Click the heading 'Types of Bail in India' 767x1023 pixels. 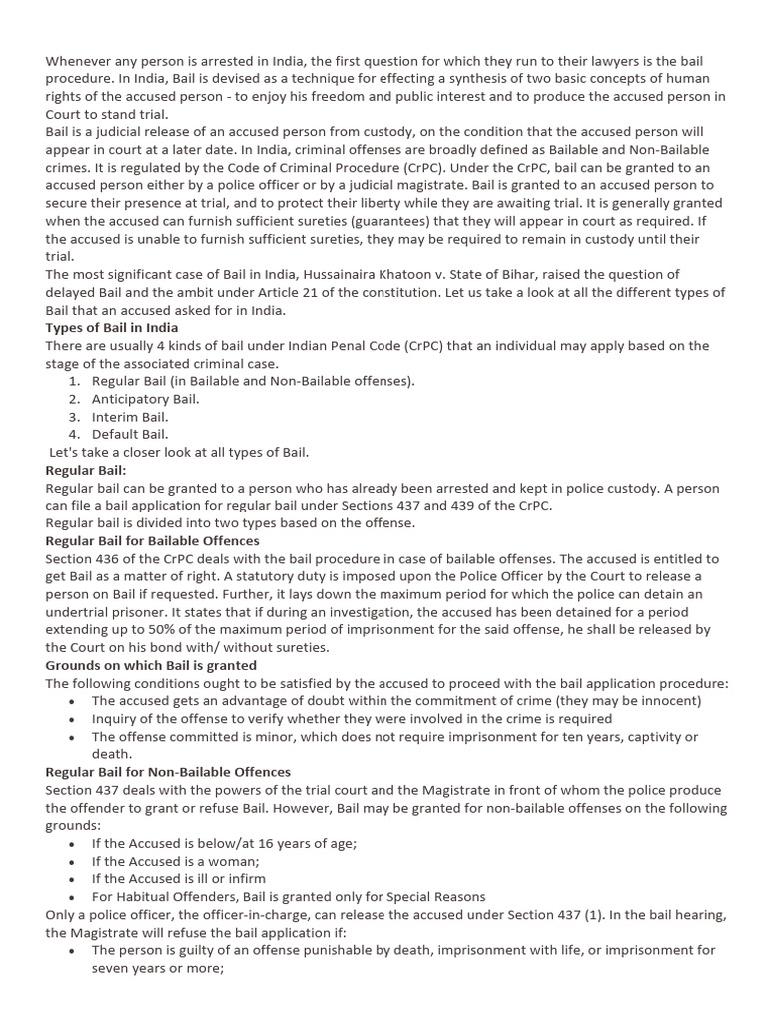pyautogui.click(x=112, y=328)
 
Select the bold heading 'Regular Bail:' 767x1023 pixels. pyautogui.click(x=86, y=470)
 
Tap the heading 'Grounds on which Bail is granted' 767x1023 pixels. pyautogui.click(x=151, y=665)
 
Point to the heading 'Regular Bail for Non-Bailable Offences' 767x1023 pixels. pyautogui.click(x=168, y=772)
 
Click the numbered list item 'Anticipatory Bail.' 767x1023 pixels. pyautogui.click(x=146, y=399)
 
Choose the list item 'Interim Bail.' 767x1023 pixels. pyautogui.click(x=130, y=417)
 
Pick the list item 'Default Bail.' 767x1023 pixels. pyautogui.click(x=130, y=435)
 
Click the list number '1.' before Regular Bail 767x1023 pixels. pyautogui.click(x=75, y=381)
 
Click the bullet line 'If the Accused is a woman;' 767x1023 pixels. pyautogui.click(x=175, y=861)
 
